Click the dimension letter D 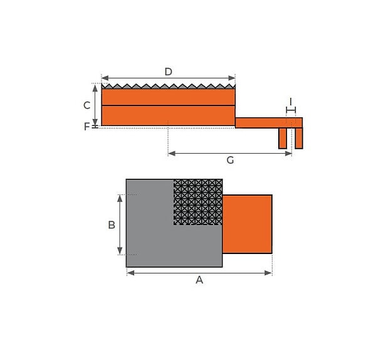click(x=169, y=71)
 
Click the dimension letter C click(x=86, y=105)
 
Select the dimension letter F click(x=86, y=127)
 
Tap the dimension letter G click(x=230, y=160)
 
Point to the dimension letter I click(x=291, y=102)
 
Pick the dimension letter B click(x=112, y=225)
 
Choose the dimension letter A click(x=199, y=280)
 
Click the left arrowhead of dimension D click(x=105, y=78)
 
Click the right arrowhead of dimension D click(x=232, y=78)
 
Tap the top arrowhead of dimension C click(x=95, y=88)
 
